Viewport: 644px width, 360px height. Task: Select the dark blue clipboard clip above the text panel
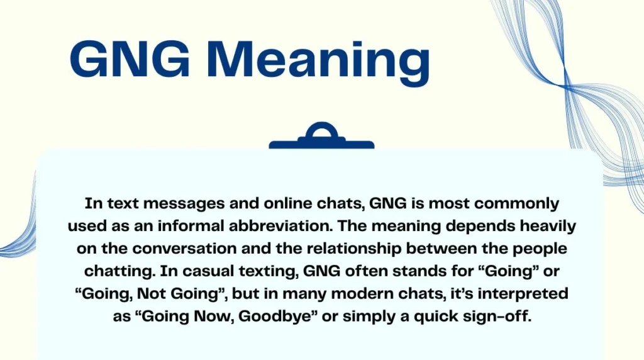[321, 137]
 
